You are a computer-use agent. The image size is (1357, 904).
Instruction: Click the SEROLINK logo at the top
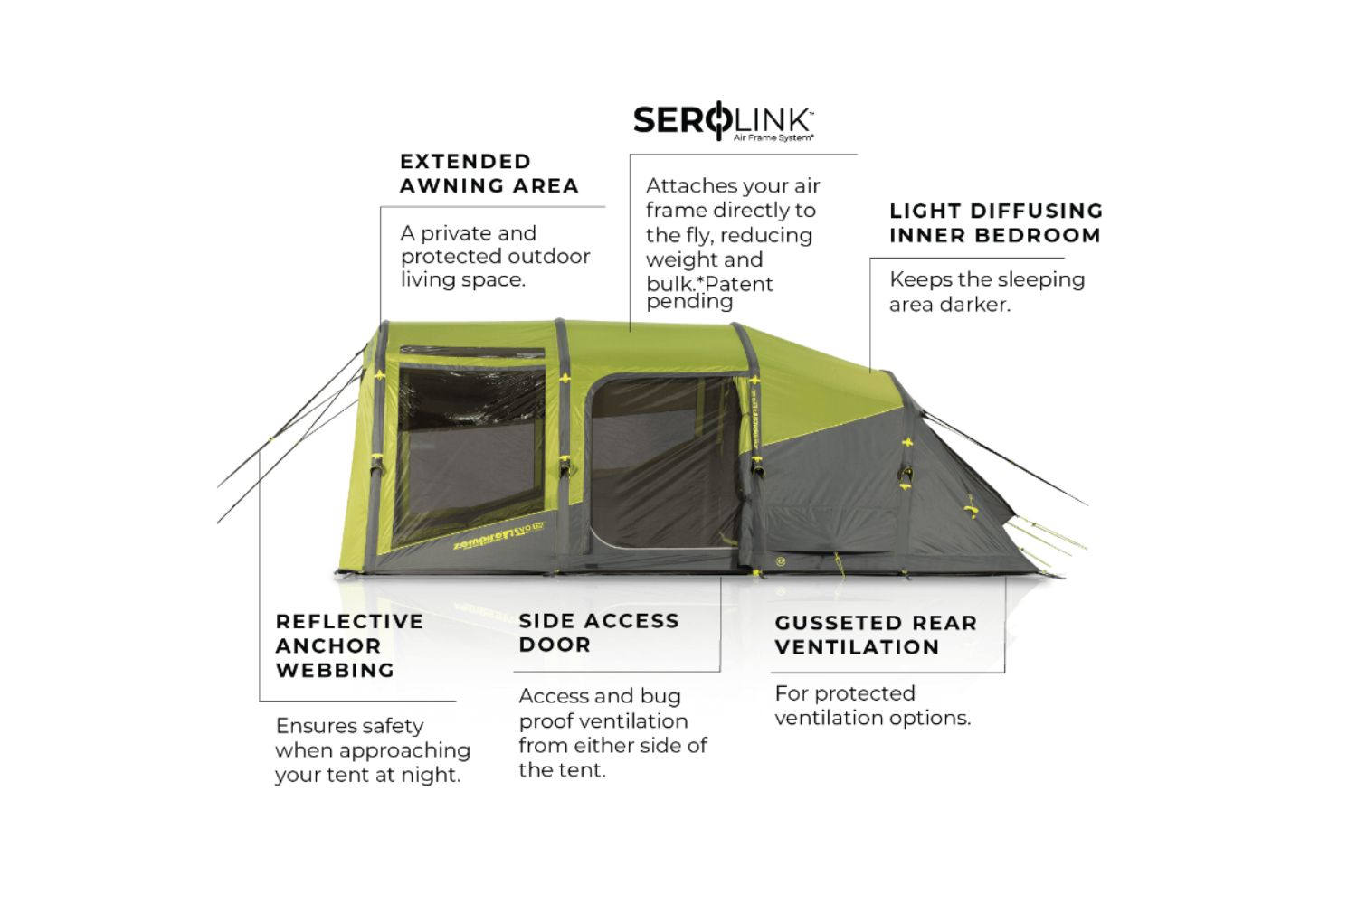click(723, 120)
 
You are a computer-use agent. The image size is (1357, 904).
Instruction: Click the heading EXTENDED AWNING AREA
click(489, 174)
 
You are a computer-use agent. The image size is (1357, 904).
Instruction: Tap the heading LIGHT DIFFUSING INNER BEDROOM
click(995, 223)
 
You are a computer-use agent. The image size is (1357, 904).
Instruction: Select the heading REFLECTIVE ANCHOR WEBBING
click(349, 646)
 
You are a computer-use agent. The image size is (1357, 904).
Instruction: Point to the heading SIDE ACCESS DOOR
click(598, 633)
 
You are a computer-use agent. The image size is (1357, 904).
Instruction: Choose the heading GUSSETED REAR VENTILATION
click(875, 636)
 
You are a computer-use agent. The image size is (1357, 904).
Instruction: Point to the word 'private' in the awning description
click(478, 233)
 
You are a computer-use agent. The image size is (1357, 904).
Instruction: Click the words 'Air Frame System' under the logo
click(773, 138)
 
